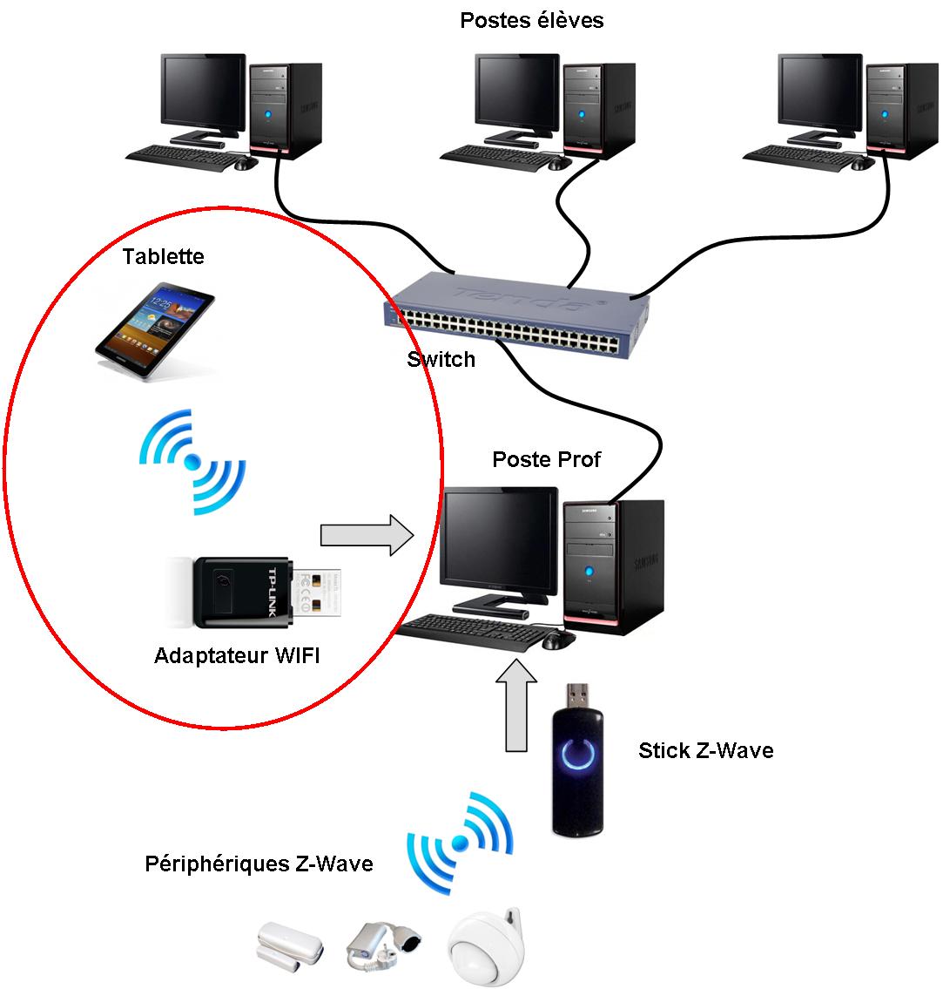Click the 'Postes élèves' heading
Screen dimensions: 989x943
point(531,20)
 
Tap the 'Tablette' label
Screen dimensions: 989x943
point(163,256)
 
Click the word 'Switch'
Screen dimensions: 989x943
point(441,359)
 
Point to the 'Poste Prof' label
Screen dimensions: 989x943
point(546,459)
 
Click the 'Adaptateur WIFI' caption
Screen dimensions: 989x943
point(237,655)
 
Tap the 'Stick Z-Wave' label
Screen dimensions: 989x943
point(705,750)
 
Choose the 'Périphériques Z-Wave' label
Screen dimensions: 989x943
point(259,864)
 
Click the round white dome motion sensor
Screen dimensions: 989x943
point(487,950)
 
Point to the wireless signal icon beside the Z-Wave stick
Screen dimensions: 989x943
point(460,842)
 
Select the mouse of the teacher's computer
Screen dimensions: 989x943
point(558,640)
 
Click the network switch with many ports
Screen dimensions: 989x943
point(519,312)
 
